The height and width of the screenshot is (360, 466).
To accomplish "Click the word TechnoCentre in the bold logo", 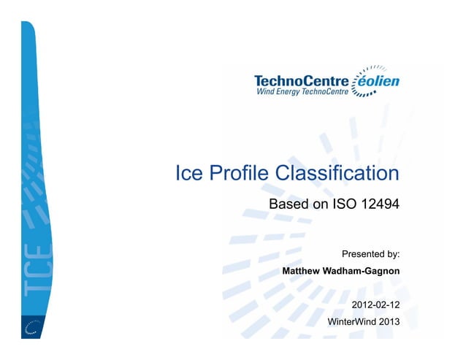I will coord(302,81).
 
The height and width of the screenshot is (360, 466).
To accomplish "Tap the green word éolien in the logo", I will coord(377,81).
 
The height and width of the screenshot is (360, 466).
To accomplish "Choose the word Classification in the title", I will coord(338,174).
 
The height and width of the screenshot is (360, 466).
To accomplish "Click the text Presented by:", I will coord(370,254).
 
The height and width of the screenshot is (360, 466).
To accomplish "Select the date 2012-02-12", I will coord(375,304).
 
